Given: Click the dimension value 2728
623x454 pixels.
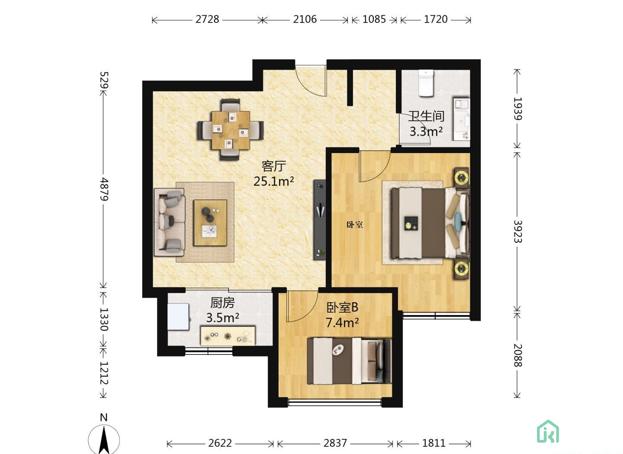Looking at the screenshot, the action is pyautogui.click(x=207, y=19).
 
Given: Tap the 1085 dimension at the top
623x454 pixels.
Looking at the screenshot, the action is pyautogui.click(x=374, y=19).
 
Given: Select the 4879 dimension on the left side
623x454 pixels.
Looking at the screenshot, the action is pyautogui.click(x=104, y=189).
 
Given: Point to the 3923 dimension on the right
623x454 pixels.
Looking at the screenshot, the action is pyautogui.click(x=517, y=232).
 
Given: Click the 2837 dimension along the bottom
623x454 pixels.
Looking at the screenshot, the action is pyautogui.click(x=335, y=443).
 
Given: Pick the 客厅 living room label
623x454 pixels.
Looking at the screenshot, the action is pyautogui.click(x=274, y=166).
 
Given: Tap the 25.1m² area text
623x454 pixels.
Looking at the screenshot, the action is pyautogui.click(x=274, y=181).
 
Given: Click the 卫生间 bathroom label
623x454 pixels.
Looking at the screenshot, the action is pyautogui.click(x=426, y=116).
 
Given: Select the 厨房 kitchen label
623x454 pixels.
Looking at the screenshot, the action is pyautogui.click(x=222, y=303).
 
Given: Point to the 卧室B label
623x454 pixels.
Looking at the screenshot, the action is pyautogui.click(x=342, y=307).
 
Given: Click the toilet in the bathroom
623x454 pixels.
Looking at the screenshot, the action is pyautogui.click(x=426, y=83).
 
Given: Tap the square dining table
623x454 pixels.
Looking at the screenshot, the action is pyautogui.click(x=231, y=130).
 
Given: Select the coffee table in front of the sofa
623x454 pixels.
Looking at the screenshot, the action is pyautogui.click(x=210, y=223).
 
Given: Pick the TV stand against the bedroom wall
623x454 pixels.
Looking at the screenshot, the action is pyautogui.click(x=320, y=220).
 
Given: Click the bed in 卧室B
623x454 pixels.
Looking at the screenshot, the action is pyautogui.click(x=349, y=361).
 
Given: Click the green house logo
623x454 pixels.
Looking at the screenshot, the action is pyautogui.click(x=548, y=432).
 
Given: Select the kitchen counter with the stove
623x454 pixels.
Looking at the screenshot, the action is pyautogui.click(x=228, y=336).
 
